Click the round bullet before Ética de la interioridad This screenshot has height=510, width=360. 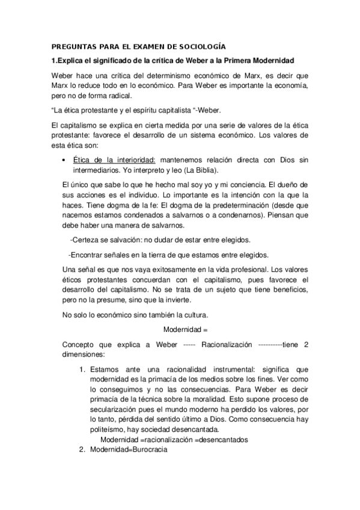click(64, 159)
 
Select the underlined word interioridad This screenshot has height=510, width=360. click(133, 159)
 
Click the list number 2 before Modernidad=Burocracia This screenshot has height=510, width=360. click(82, 449)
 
